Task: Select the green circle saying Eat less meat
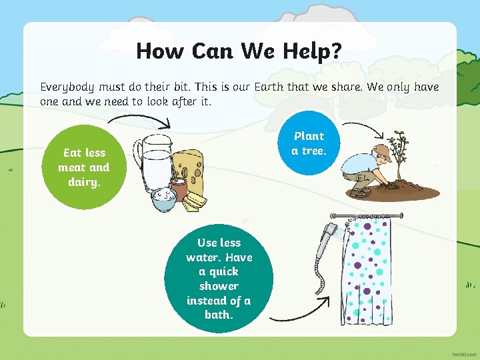coord(83,167)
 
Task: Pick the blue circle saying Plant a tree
coord(309,143)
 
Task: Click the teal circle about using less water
coord(219,278)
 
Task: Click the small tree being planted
coord(399,153)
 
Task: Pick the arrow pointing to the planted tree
coord(363,127)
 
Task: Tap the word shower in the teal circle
coord(219,286)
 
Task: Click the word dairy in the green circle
coord(83,182)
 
